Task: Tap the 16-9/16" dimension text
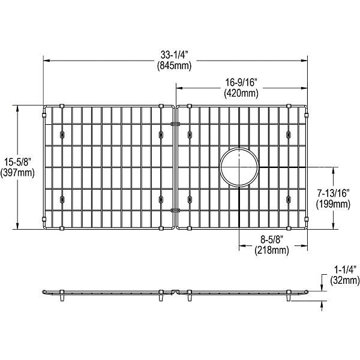coord(241,83)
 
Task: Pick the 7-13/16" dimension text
coord(333,193)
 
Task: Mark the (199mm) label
coord(333,204)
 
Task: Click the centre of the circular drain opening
coord(239,167)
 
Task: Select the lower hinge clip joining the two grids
coord(175,209)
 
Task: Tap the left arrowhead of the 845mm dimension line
coord(46,60)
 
